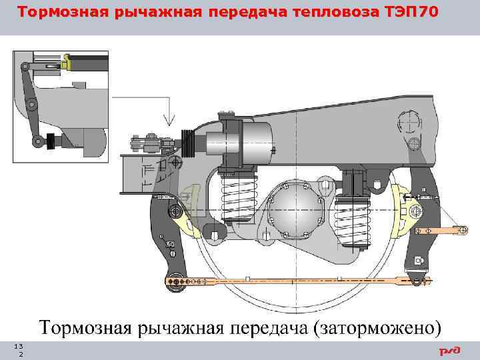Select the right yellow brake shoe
403,207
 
